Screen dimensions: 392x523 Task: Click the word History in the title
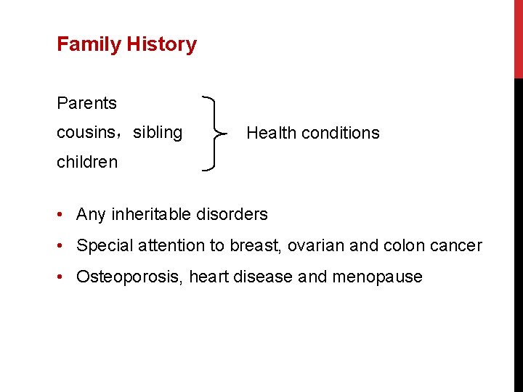(161, 44)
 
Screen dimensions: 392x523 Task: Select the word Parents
(86, 103)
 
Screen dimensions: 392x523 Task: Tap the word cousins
(84, 133)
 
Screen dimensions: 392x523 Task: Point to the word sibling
(158, 133)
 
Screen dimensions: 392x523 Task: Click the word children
(86, 162)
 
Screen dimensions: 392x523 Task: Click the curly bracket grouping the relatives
(214, 133)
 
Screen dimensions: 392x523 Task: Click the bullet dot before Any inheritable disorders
(64, 215)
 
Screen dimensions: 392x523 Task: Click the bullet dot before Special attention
(64, 246)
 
